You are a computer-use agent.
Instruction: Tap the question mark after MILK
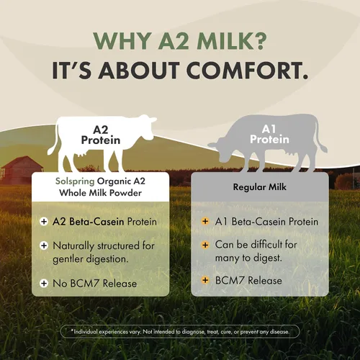point(259,40)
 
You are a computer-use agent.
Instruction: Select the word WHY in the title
point(122,40)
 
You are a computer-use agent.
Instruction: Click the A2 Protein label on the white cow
point(101,135)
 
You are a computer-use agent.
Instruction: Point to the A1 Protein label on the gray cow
point(269,135)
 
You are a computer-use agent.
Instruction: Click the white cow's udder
point(83,153)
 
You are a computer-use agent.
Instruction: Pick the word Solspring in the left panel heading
point(75,181)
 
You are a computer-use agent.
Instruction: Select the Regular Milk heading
point(260,187)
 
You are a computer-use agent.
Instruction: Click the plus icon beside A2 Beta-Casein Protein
point(44,221)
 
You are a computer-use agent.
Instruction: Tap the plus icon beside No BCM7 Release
point(44,283)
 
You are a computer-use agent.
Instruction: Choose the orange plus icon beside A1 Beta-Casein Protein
point(205,221)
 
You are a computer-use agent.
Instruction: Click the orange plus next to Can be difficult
point(205,245)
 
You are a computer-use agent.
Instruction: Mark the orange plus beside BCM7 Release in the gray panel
point(205,280)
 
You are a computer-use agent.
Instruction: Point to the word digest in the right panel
point(267,258)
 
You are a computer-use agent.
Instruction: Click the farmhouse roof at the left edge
point(22,163)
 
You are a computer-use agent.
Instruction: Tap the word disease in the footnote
point(279,332)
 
